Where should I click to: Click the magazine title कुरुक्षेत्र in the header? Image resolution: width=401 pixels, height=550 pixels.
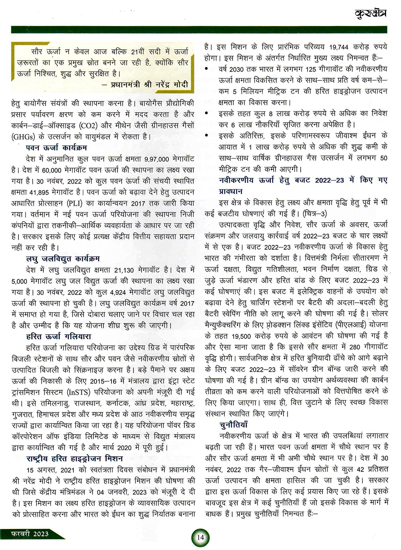point(370,14)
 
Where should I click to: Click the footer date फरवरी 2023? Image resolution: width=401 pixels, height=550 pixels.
point(30,534)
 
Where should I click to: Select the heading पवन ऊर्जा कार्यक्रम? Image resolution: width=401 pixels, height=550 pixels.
point(59,148)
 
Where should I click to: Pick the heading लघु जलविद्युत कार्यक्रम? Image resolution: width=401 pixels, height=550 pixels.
point(63,259)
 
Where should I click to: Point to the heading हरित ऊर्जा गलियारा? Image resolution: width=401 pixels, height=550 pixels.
point(59,336)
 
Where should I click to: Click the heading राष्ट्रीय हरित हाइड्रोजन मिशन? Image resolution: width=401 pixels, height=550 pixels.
point(75,458)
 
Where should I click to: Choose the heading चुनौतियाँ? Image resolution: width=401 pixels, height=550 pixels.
point(234,425)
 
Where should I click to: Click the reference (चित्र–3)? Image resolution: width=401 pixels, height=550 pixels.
point(316,214)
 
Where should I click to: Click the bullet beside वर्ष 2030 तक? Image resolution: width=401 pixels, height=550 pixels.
point(207,69)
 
